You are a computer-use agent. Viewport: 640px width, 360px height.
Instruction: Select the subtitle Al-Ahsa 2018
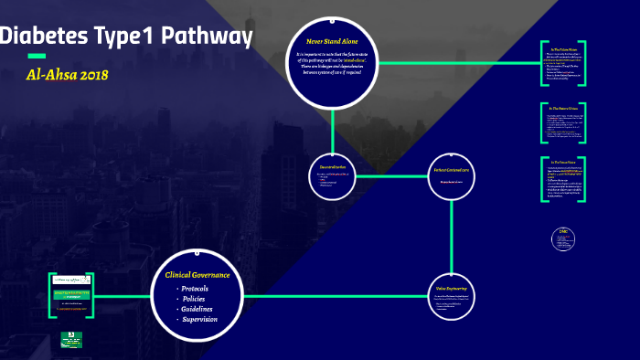tap(69, 74)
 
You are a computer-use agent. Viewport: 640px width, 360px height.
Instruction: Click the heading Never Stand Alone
tap(332, 41)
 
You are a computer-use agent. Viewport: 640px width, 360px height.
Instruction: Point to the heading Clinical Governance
tap(197, 275)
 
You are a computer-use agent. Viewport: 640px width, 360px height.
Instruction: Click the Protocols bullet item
tap(195, 289)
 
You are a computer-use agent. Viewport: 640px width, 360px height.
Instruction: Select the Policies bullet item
tap(193, 299)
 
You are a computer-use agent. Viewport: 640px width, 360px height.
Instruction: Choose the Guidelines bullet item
tap(197, 309)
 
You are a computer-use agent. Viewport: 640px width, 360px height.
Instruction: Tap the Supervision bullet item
tap(199, 319)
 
